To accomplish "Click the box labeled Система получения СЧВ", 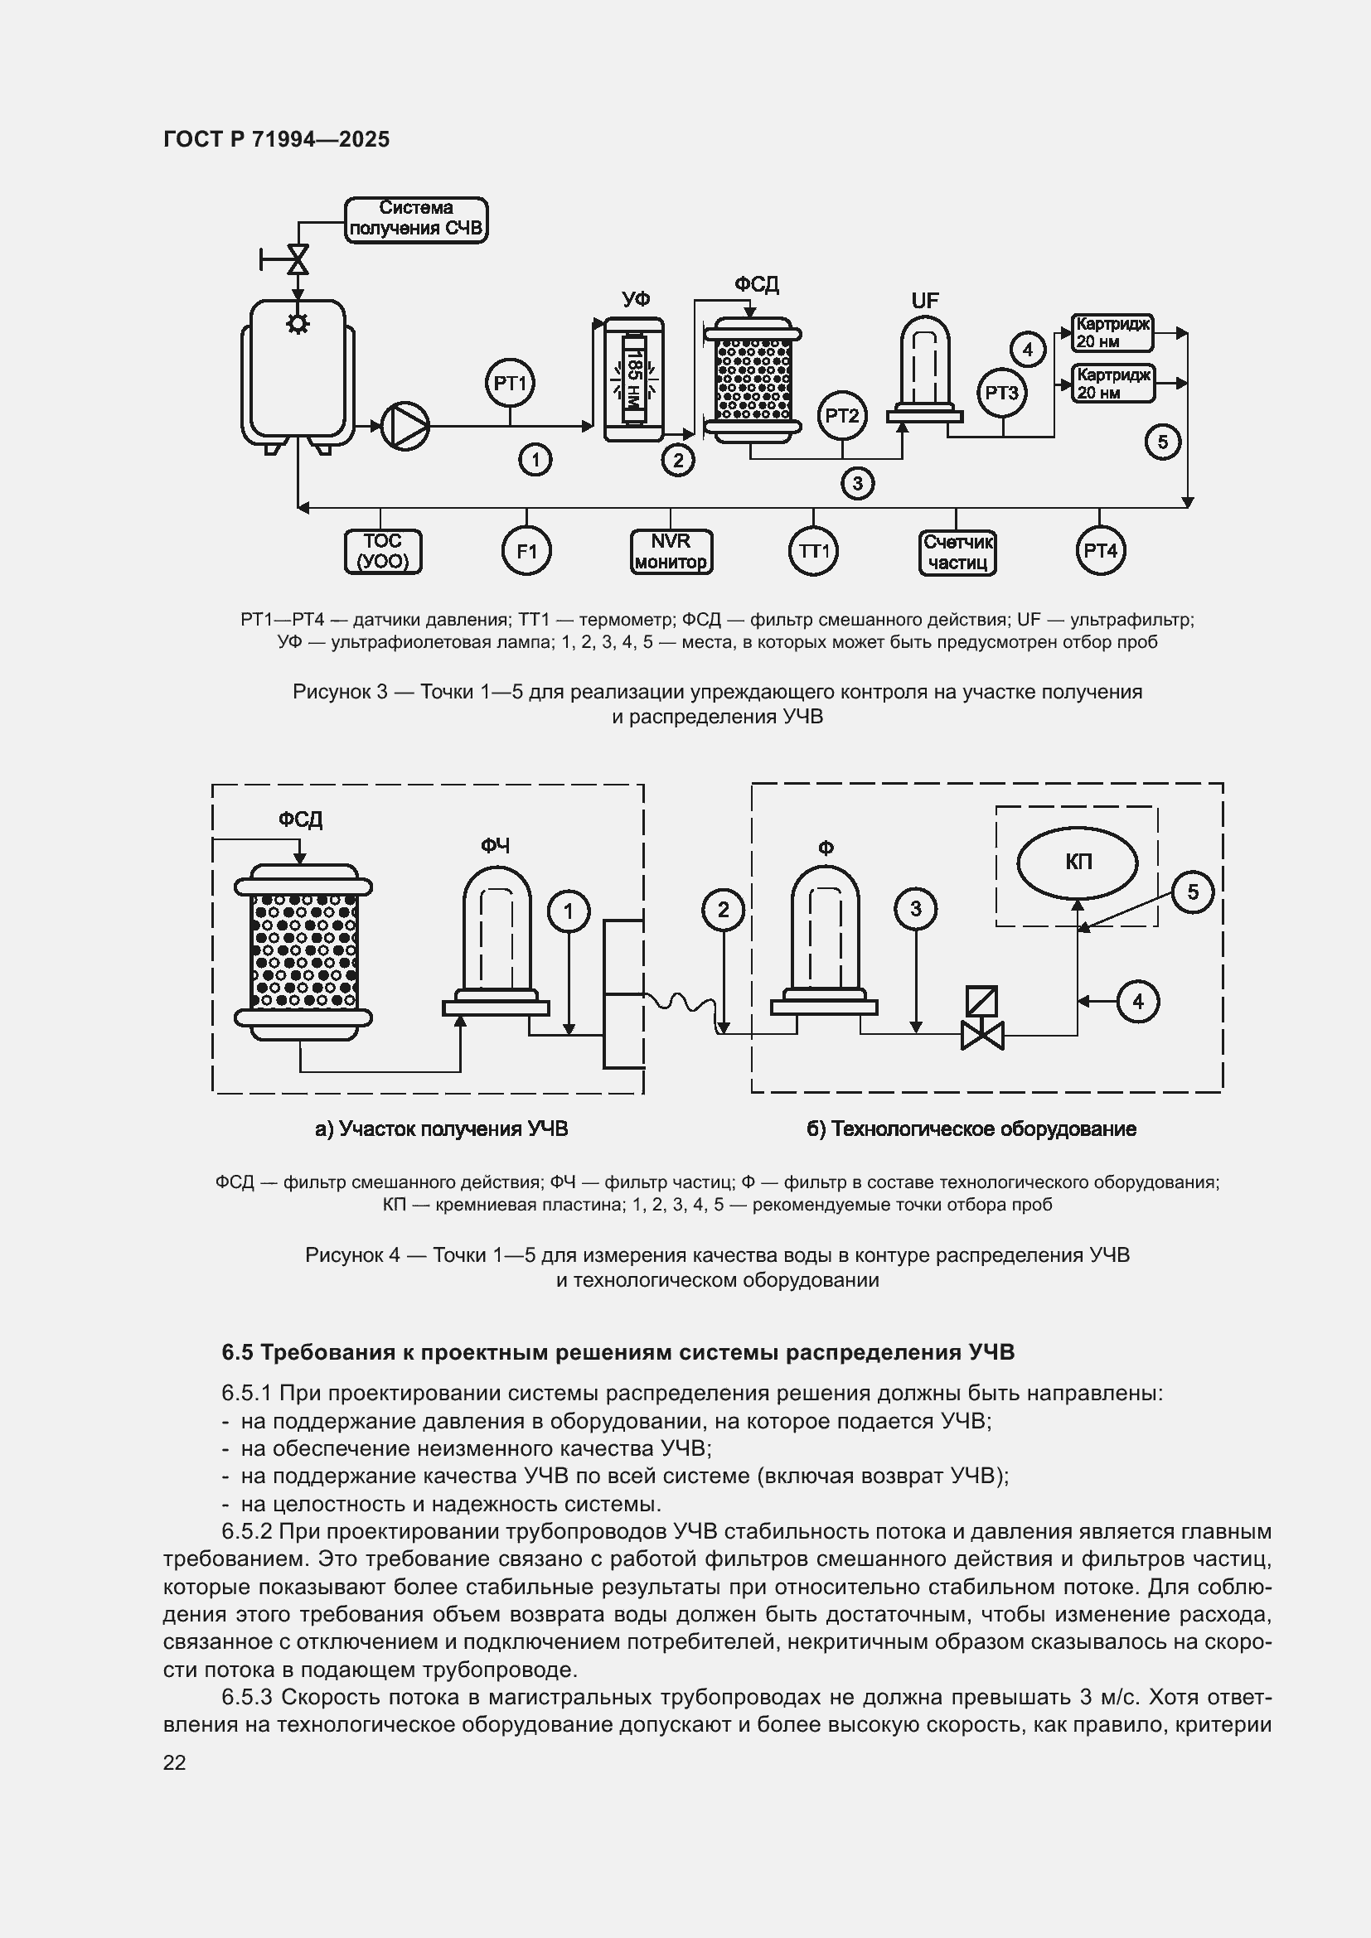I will (x=416, y=220).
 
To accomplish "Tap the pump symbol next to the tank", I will (x=405, y=425).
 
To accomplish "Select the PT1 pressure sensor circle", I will (x=510, y=384).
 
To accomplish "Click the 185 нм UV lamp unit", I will (x=634, y=379).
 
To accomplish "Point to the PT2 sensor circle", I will (x=841, y=415).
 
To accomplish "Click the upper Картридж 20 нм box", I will (x=1112, y=332).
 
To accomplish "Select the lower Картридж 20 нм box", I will (x=1112, y=384).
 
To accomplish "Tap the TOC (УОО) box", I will (x=382, y=551).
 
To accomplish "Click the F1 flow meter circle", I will (x=527, y=551).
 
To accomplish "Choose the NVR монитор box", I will (x=671, y=551).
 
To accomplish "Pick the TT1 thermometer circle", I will (x=814, y=551).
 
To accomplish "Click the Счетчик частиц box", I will (x=957, y=552).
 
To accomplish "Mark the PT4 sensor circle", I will (x=1100, y=551).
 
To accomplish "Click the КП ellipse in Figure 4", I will (x=1078, y=862).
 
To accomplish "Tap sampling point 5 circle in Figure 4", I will (x=1192, y=892).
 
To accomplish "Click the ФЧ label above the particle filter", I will (x=496, y=846).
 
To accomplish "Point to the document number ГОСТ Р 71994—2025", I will (x=276, y=139).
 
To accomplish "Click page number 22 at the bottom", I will (x=174, y=1762).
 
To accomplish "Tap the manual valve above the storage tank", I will (x=298, y=259).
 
